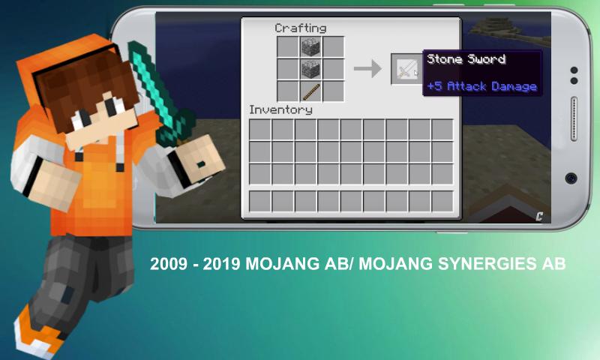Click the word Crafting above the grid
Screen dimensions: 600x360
(x=301, y=28)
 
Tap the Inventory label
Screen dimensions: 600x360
(x=280, y=109)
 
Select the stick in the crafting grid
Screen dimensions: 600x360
(x=311, y=92)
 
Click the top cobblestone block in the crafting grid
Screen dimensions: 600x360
(x=310, y=47)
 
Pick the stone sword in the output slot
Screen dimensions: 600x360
(x=406, y=69)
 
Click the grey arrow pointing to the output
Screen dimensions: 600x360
(x=367, y=69)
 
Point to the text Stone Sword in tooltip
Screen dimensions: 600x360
(x=466, y=59)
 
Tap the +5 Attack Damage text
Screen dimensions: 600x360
(x=481, y=86)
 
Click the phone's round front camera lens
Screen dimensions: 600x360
(x=571, y=178)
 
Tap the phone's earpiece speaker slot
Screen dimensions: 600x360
(x=574, y=119)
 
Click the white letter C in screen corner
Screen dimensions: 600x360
(x=539, y=217)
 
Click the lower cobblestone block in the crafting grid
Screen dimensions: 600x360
(x=310, y=70)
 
